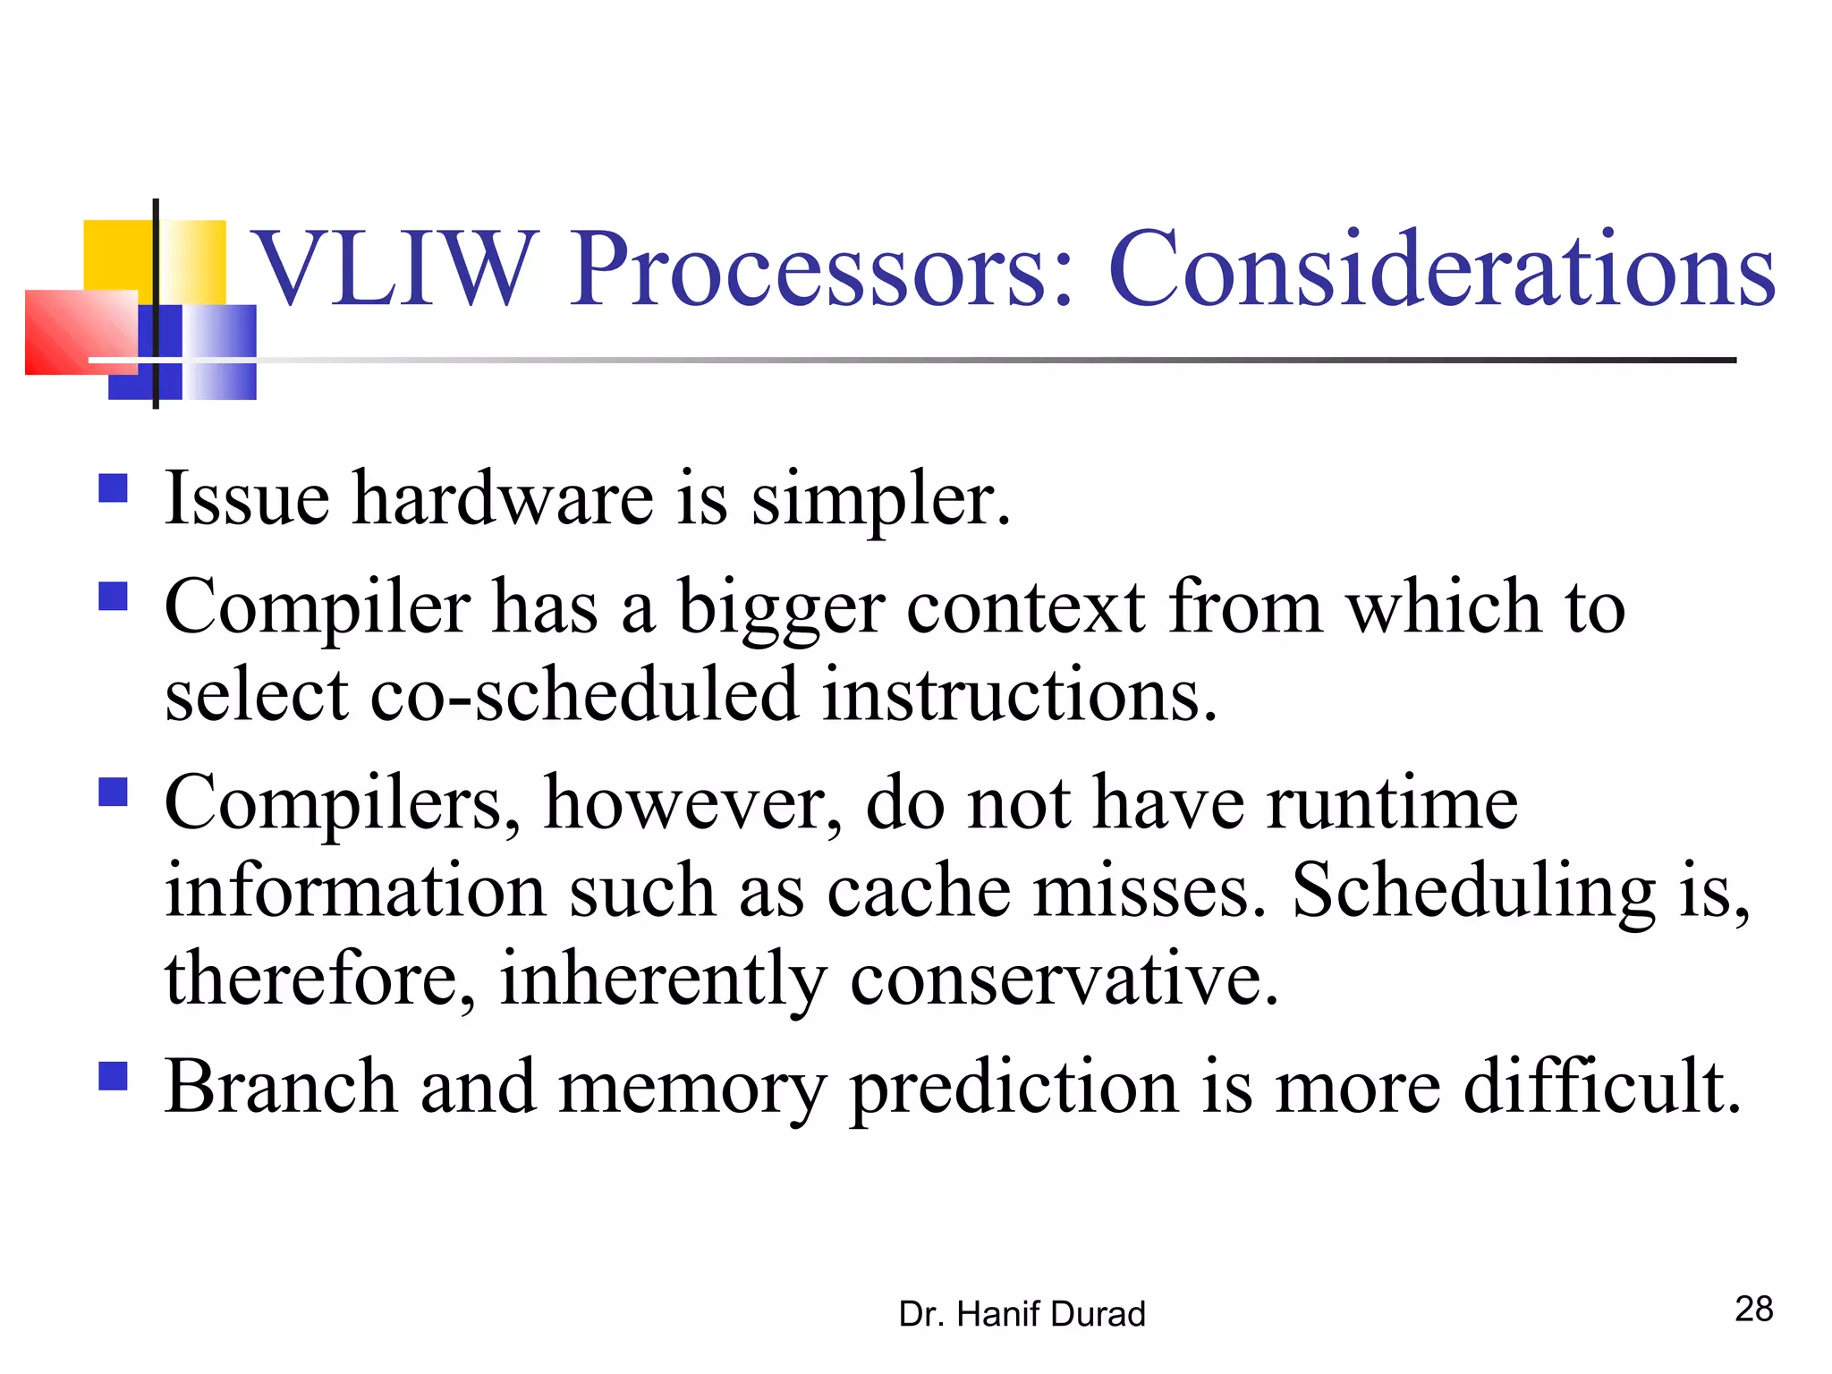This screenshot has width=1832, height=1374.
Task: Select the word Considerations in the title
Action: (1441, 268)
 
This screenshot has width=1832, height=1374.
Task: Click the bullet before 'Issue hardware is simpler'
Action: (113, 488)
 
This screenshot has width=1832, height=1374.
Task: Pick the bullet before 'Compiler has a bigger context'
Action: (113, 596)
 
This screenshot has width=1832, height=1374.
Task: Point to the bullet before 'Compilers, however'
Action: (113, 792)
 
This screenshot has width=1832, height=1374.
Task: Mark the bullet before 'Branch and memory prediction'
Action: (113, 1075)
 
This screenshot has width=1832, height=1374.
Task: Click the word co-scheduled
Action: (584, 695)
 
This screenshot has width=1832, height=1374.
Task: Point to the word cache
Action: (919, 891)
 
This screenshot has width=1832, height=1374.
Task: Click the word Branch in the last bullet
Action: (281, 1086)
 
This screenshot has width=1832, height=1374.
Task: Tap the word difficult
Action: (1601, 1086)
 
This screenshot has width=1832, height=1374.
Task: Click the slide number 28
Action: (1753, 1309)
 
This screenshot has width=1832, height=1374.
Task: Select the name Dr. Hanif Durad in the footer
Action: (1022, 1314)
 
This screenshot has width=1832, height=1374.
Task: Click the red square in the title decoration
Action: (81, 331)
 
